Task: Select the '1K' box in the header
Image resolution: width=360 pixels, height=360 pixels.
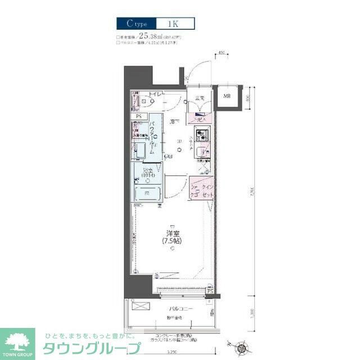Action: pyautogui.click(x=172, y=24)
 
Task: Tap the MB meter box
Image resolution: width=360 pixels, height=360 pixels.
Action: pyautogui.click(x=227, y=96)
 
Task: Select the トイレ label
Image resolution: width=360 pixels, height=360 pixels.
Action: pyautogui.click(x=156, y=95)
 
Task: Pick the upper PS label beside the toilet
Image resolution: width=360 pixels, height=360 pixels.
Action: pyautogui.click(x=138, y=116)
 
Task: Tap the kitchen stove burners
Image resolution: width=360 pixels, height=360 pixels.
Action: pyautogui.click(x=201, y=136)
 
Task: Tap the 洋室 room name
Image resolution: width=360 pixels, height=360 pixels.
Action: pyautogui.click(x=172, y=233)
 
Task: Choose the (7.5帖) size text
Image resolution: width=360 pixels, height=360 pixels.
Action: pyautogui.click(x=172, y=242)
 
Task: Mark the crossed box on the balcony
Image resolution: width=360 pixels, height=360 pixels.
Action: pyautogui.click(x=141, y=307)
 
